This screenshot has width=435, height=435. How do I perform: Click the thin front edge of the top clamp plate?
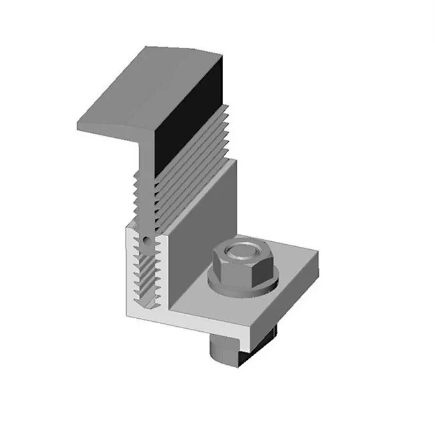pyautogui.click(x=112, y=127)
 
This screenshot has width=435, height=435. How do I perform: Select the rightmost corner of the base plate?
pyautogui.click(x=319, y=255)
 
